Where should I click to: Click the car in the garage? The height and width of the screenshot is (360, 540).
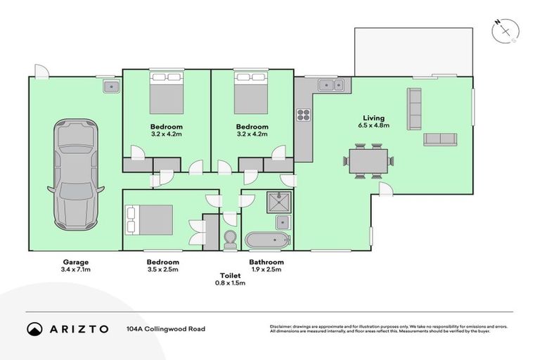coord(76,174)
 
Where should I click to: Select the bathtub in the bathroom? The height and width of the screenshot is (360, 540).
coord(268,240)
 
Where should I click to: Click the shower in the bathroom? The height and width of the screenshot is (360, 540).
coord(279,202)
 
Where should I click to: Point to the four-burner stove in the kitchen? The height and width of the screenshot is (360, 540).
coord(304,115)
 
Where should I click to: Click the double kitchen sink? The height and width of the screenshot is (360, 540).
coord(331,85)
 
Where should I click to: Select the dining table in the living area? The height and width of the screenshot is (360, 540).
coord(368,161)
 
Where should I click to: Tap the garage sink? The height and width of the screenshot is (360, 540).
coord(111,86)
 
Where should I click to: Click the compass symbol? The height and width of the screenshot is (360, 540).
coord(506,32)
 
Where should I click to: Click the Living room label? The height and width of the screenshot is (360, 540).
coord(373,118)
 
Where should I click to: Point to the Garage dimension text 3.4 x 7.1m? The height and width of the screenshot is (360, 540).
coord(76,269)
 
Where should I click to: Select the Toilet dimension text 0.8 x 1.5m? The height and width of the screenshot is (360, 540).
coord(230,283)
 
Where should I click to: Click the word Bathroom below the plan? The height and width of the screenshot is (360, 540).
coord(266,262)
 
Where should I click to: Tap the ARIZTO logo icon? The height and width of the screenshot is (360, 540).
coord(34,329)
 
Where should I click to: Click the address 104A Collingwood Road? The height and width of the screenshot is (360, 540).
coord(166,329)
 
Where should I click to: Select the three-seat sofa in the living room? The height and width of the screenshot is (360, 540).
coord(414,109)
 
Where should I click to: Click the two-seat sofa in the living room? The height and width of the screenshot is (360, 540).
coord(440,139)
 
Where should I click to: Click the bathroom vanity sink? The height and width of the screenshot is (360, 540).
coord(283,223)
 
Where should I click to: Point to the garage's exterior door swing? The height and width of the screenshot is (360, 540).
coord(41,71)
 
